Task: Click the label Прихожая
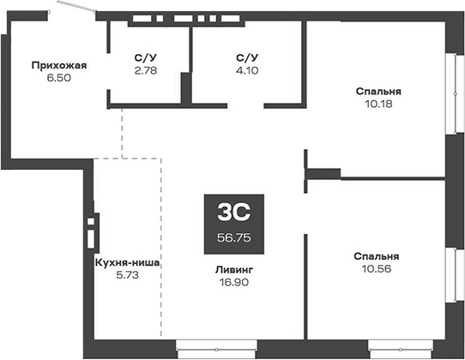[x=59, y=64]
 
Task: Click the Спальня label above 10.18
[x=378, y=92]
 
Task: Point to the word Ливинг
[x=234, y=267]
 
